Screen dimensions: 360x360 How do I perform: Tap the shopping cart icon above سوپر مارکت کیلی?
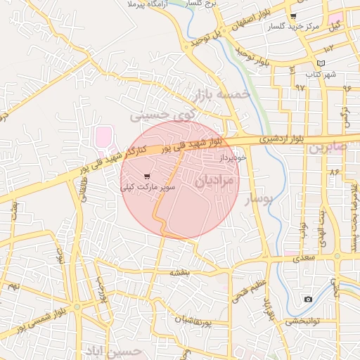[x=146, y=176]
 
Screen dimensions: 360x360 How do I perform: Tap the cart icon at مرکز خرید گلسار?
[x=293, y=15]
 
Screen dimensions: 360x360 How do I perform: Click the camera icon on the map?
[x=308, y=300]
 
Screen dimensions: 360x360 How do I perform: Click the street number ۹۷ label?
[x=301, y=87]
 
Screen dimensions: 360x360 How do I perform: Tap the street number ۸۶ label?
[x=334, y=171]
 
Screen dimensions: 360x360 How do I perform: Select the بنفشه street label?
[x=181, y=271]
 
